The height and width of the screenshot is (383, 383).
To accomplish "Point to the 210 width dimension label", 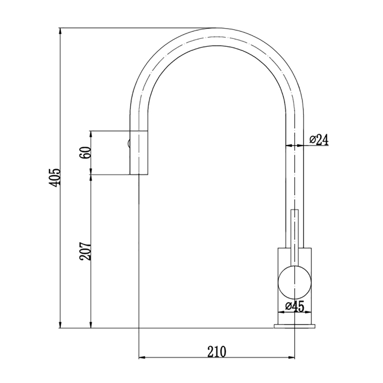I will pyautogui.click(x=217, y=351).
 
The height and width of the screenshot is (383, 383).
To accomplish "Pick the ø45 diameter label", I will pyautogui.click(x=295, y=306).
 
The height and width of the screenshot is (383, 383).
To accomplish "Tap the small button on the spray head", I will pyautogui.click(x=128, y=143).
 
